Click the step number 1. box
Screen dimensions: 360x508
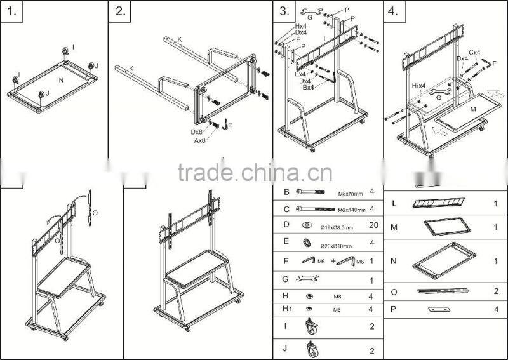(x=11, y=11)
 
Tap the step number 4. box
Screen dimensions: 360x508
(x=394, y=11)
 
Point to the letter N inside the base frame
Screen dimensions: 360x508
(x=61, y=81)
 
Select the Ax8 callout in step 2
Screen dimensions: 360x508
(x=199, y=140)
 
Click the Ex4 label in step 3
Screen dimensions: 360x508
(x=301, y=74)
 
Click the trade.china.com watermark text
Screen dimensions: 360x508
(x=254, y=172)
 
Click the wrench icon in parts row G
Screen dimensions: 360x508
(x=308, y=278)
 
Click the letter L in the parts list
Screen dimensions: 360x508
(x=394, y=204)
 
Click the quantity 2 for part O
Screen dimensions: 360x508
(x=495, y=291)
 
